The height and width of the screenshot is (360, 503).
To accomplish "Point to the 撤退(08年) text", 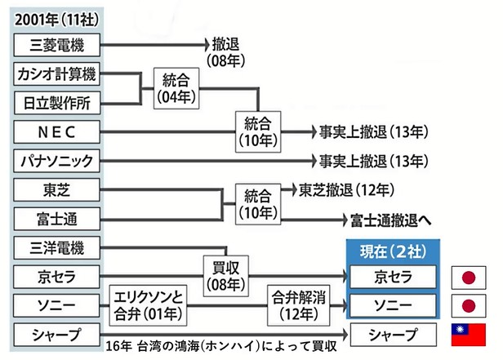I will (227, 51).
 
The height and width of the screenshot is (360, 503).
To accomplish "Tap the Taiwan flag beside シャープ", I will (469, 335).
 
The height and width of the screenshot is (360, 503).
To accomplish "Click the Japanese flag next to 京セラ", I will (469, 276).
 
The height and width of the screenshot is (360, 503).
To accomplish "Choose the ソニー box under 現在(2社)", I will (394, 306).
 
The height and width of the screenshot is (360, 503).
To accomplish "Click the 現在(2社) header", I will (394, 249).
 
